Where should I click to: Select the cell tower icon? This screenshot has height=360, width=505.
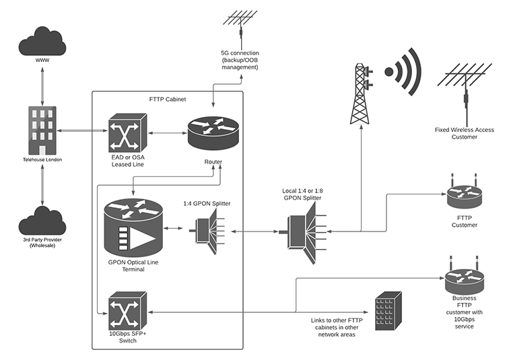pyautogui.click(x=362, y=94)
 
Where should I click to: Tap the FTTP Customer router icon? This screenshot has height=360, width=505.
pyautogui.click(x=464, y=196)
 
